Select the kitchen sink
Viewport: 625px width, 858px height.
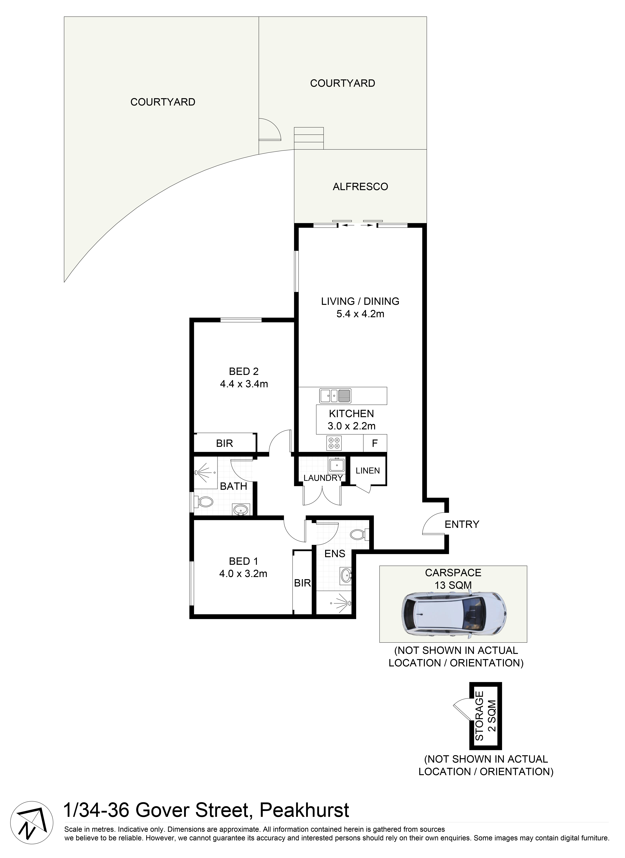[x=335, y=396]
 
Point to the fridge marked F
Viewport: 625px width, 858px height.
[x=374, y=443]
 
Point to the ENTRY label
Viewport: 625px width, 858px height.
[x=461, y=524]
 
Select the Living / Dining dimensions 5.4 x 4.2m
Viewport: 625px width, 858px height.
[x=360, y=314]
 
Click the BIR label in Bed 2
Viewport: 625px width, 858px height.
[x=224, y=443]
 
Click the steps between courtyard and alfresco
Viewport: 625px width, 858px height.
[x=309, y=138]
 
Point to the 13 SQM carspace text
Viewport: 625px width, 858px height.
[x=453, y=585]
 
